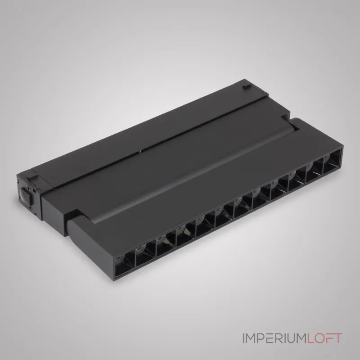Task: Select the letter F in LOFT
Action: click(x=328, y=338)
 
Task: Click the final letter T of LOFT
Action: click(x=337, y=338)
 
